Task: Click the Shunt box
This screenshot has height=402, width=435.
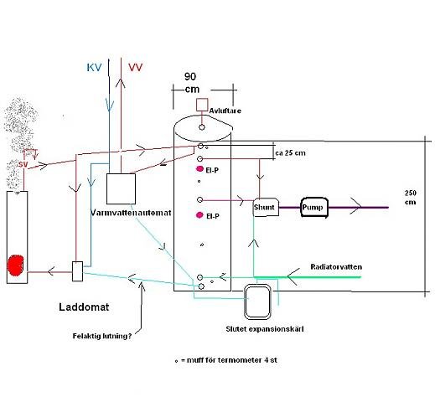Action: pos(266,207)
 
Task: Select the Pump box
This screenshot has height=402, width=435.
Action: pos(314,207)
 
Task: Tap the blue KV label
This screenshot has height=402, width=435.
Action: pos(94,68)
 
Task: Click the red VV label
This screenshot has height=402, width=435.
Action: pos(136,68)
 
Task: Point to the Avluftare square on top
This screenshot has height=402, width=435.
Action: pos(202,105)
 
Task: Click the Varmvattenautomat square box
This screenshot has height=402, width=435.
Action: pos(121,188)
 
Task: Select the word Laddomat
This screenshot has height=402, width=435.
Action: pos(84,307)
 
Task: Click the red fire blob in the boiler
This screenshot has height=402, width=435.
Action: pos(16,265)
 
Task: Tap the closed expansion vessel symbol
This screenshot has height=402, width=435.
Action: pos(257,301)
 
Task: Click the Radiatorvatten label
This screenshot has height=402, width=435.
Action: pos(336,267)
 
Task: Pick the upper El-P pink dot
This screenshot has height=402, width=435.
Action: pos(199,168)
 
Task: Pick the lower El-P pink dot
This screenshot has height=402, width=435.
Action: pos(199,215)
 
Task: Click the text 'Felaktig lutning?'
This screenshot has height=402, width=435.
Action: pos(102,336)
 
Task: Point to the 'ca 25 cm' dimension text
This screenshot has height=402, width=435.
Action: pos(290,153)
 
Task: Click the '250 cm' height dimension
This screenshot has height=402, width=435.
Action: pos(411,198)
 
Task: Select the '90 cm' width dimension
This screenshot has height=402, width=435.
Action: pos(191,83)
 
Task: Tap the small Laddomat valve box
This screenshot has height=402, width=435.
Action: pos(77,271)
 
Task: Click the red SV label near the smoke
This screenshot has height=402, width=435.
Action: pos(23,164)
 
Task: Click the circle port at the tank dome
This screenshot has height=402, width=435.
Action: pos(202,127)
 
